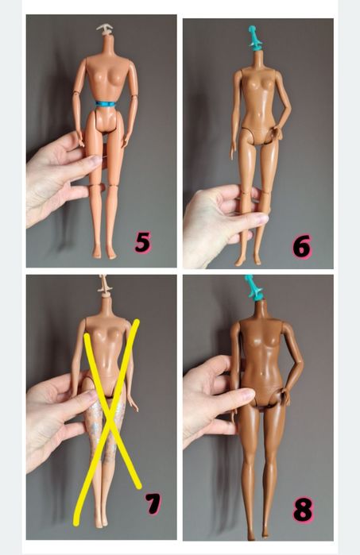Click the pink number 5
click(x=143, y=241)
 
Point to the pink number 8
click(x=303, y=509)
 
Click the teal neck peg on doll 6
click(x=254, y=37)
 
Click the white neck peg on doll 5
click(x=104, y=31)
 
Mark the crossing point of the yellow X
click(x=111, y=387)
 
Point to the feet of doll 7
click(x=101, y=520)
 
